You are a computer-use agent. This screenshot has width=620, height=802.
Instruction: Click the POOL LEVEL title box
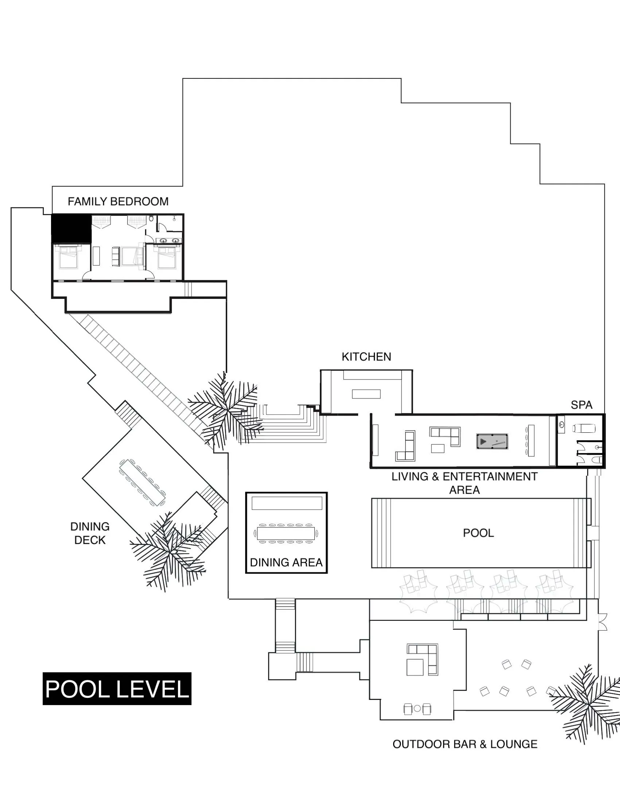[117, 689]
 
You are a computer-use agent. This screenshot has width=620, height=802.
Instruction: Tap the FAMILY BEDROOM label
[118, 202]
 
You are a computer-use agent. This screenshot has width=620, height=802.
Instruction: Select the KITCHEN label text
[366, 357]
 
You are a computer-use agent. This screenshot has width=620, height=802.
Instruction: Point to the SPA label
[581, 405]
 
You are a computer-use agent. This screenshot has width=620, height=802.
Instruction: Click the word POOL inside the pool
[478, 533]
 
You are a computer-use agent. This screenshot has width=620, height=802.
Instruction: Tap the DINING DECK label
[90, 533]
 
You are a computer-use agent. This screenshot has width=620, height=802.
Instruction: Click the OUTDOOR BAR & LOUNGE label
[465, 744]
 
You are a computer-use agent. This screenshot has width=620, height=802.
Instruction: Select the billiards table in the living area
[492, 441]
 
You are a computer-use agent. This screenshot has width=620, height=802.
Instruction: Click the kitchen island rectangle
[366, 394]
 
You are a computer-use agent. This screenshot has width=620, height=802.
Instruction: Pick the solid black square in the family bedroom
[71, 229]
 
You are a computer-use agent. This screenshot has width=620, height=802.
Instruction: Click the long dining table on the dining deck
[143, 482]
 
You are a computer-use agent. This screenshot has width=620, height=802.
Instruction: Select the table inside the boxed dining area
[286, 533]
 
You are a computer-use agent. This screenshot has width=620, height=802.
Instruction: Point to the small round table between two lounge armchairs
[417, 708]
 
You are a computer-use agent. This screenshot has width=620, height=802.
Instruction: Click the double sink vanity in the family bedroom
[169, 241]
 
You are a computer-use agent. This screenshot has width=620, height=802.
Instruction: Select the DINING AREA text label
[286, 562]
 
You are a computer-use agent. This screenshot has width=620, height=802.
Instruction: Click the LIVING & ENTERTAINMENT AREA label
[464, 483]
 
